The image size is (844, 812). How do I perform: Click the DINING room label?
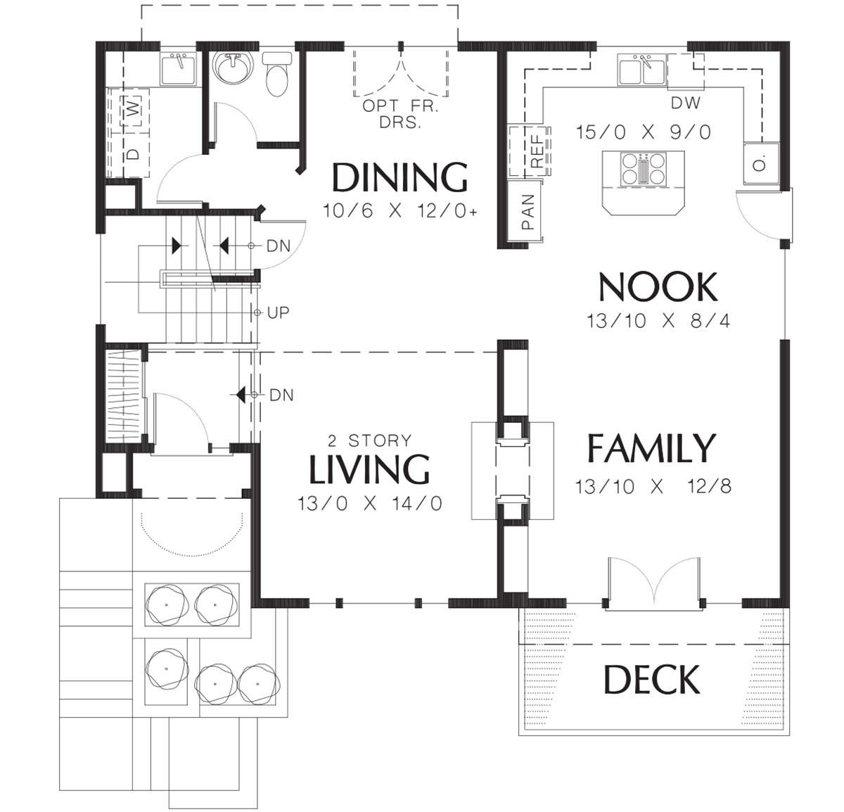(399, 177)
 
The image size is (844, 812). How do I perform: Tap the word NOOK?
(658, 287)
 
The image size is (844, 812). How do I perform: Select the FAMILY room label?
(651, 448)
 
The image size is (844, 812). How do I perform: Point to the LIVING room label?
(369, 469)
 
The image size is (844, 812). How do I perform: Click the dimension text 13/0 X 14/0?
(369, 504)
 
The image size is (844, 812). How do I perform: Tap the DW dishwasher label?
(686, 103)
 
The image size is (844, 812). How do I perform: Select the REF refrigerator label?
(537, 151)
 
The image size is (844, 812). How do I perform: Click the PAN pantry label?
(527, 211)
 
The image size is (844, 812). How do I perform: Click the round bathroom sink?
(234, 67)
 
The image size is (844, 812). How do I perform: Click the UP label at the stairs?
(278, 312)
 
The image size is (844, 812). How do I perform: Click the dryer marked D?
(134, 154)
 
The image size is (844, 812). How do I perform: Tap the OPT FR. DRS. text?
(400, 114)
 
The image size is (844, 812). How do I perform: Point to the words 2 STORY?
(369, 441)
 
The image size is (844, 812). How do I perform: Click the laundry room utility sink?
(179, 70)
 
